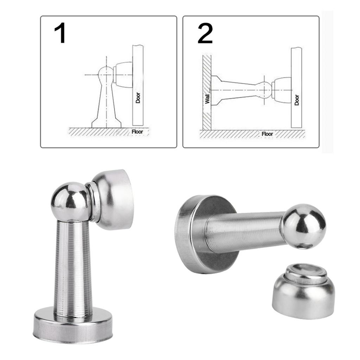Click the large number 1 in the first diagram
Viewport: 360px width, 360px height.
[60, 33]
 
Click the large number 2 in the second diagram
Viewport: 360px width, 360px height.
[205, 33]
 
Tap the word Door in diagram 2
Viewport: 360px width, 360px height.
[297, 100]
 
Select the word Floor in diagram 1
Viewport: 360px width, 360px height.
[137, 132]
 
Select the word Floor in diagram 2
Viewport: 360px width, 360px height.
[267, 134]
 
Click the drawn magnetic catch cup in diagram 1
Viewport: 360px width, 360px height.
[123, 75]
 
